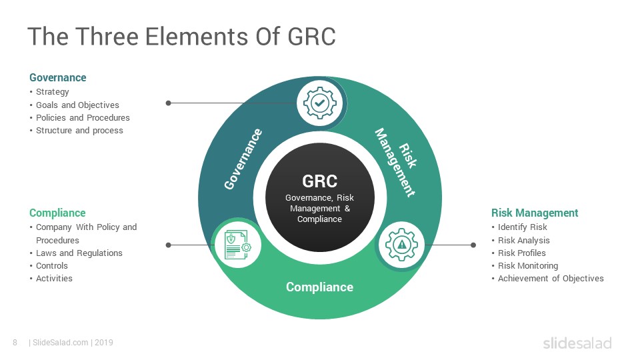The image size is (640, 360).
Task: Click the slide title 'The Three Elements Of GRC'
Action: pos(181,36)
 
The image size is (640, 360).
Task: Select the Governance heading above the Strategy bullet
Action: pos(57,77)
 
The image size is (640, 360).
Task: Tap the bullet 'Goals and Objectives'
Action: pos(77,105)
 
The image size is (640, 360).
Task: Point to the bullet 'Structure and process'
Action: pos(79,130)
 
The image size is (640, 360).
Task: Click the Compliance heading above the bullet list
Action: pos(57,213)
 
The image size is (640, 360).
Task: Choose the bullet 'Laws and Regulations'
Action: pos(79,253)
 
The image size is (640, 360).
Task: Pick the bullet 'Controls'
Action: pos(52,266)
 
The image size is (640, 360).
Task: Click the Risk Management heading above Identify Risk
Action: pos(535,213)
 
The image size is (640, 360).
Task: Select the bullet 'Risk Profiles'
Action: pos(521,253)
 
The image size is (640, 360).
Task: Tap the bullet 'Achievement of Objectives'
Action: pos(551,279)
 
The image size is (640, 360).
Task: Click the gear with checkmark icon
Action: pos(320,103)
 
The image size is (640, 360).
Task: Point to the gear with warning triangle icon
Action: pos(401,245)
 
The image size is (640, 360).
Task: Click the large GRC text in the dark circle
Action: pos(319,181)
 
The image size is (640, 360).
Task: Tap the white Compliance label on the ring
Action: pos(319,287)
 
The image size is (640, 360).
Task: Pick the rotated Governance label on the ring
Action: pos(243,159)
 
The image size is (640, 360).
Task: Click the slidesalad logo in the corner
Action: pos(577,343)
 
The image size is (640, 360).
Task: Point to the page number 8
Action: pos(15,343)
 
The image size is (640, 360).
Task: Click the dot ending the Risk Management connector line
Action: pos(473,245)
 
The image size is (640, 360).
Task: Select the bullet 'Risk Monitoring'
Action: pos(528,266)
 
